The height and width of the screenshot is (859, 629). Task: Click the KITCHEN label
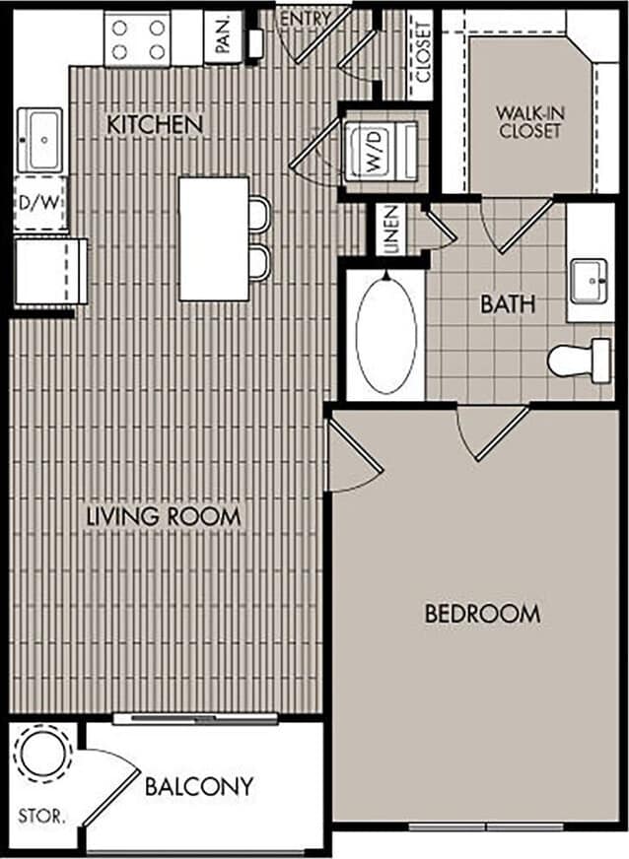coord(155,125)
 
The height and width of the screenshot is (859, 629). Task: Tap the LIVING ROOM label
coord(164,516)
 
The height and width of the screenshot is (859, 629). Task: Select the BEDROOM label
coord(482,614)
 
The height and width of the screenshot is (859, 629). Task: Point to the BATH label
coord(508,304)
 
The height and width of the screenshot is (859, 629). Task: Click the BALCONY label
coord(199,787)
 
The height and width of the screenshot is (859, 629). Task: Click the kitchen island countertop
coord(213,238)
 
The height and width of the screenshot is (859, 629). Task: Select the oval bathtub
coord(385,335)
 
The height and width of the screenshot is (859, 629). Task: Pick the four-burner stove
coord(139,40)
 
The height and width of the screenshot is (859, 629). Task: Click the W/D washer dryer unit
coord(380,150)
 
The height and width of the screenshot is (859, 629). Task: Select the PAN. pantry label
coord(222,38)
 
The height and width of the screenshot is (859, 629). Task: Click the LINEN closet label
coord(391,231)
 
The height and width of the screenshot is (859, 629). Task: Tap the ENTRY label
coord(306,18)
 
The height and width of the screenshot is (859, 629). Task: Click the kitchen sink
coord(41,140)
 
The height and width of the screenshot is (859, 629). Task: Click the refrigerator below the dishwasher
coord(43,270)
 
